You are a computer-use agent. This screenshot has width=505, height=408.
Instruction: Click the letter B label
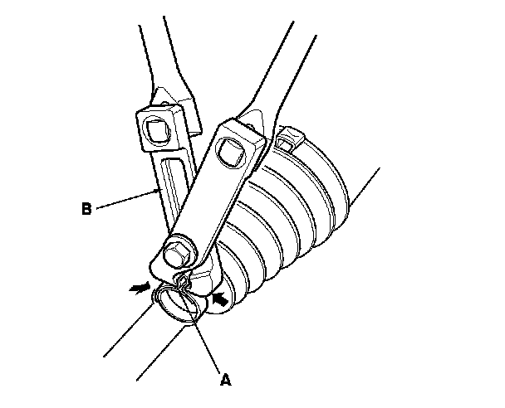86,209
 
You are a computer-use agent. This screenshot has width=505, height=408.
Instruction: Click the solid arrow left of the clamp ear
141,288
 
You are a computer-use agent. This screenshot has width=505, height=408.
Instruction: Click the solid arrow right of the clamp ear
221,296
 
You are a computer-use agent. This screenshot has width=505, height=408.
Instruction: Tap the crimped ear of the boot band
184,284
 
